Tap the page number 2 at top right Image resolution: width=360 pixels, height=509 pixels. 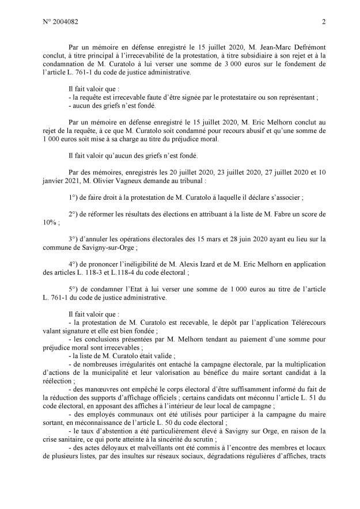coord(324,22)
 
